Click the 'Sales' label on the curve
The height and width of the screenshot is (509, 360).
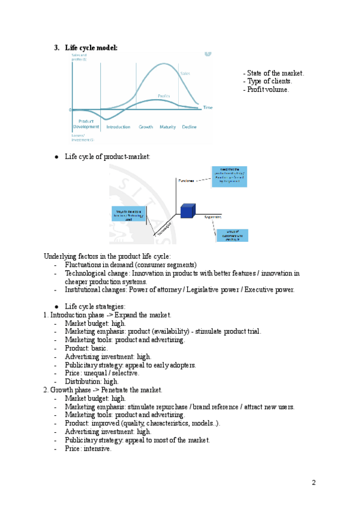[185, 74]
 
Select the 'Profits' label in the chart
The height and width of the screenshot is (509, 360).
[164, 96]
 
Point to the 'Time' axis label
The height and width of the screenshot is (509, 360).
[208, 107]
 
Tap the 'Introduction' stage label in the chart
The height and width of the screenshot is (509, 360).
[118, 127]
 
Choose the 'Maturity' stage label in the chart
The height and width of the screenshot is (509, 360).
[167, 127]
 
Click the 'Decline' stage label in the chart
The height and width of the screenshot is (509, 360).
[189, 127]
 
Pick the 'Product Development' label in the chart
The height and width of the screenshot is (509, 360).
[86, 124]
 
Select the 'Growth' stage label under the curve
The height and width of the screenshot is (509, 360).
[146, 127]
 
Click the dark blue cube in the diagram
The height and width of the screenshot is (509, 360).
[187, 211]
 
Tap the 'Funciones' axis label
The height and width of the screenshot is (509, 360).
[186, 180]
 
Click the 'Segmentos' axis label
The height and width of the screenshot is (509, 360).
[213, 217]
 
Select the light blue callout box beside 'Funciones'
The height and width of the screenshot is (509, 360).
[229, 178]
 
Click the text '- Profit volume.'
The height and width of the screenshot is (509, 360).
[266, 89]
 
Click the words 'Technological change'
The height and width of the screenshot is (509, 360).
[92, 273]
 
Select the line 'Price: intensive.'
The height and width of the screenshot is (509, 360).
[88, 448]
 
